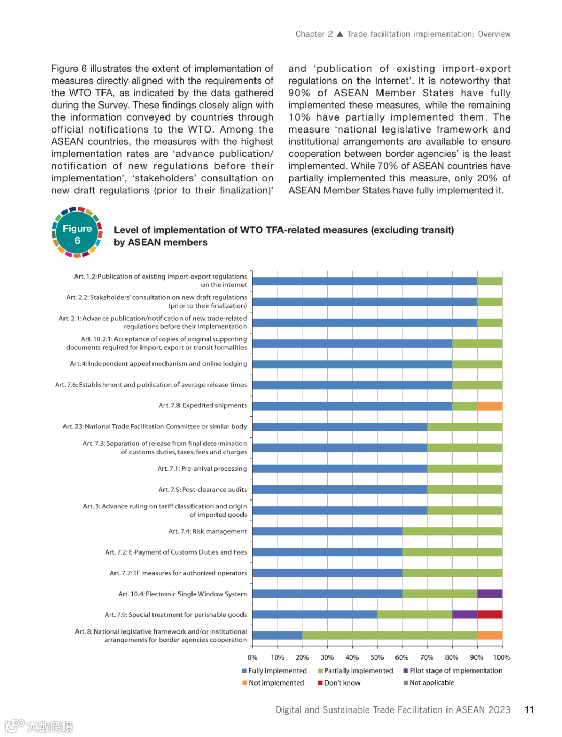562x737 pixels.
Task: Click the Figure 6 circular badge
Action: (x=77, y=234)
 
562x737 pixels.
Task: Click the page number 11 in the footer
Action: (x=529, y=709)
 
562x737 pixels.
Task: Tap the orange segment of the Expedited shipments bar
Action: (x=490, y=406)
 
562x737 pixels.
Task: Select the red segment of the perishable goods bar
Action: (x=490, y=614)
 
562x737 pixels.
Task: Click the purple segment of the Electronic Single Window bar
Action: (x=490, y=594)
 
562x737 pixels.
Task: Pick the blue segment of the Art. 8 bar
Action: (x=277, y=635)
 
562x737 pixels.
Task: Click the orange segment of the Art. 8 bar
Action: (x=490, y=635)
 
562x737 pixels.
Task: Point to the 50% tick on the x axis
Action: (x=377, y=657)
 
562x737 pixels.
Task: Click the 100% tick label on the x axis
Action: (x=502, y=657)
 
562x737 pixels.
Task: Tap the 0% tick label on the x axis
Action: (x=252, y=657)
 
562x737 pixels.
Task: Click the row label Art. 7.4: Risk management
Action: (x=208, y=531)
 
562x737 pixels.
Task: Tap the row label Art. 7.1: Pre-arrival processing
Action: (x=202, y=468)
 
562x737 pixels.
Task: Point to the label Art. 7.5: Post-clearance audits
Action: (x=202, y=489)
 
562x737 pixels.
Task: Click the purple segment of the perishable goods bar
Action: (x=465, y=614)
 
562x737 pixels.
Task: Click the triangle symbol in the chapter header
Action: (x=340, y=34)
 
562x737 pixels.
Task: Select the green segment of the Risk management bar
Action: (x=452, y=531)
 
